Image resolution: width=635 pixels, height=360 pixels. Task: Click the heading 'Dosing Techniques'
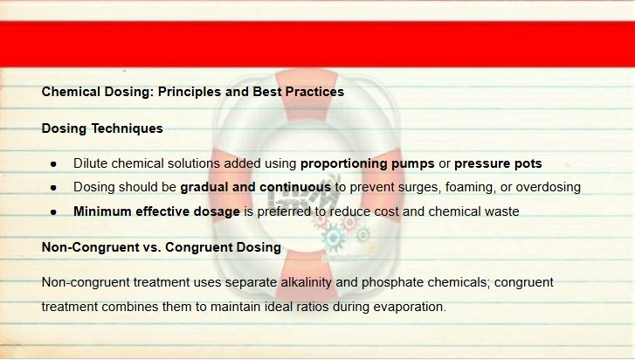pyautogui.click(x=102, y=128)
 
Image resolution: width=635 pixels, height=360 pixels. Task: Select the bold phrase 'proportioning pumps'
pyautogui.click(x=368, y=163)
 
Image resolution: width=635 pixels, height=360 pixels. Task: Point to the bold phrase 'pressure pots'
pyautogui.click(x=498, y=163)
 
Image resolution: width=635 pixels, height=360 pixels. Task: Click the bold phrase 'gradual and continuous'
pyautogui.click(x=256, y=187)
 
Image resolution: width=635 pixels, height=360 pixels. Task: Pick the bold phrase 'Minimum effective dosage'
pyautogui.click(x=156, y=211)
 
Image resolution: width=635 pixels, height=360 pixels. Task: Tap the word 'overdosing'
pyautogui.click(x=548, y=187)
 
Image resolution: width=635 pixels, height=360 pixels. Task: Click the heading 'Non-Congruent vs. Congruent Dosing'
pyautogui.click(x=162, y=247)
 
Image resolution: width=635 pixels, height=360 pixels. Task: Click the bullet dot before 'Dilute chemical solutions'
pyautogui.click(x=53, y=164)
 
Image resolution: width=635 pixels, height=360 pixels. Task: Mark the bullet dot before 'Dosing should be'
pyautogui.click(x=53, y=188)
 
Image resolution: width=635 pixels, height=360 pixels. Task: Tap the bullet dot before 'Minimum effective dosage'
pyautogui.click(x=53, y=211)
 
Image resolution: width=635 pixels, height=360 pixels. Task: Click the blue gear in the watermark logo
pyautogui.click(x=333, y=238)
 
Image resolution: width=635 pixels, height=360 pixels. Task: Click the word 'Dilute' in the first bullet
pyautogui.click(x=90, y=163)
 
